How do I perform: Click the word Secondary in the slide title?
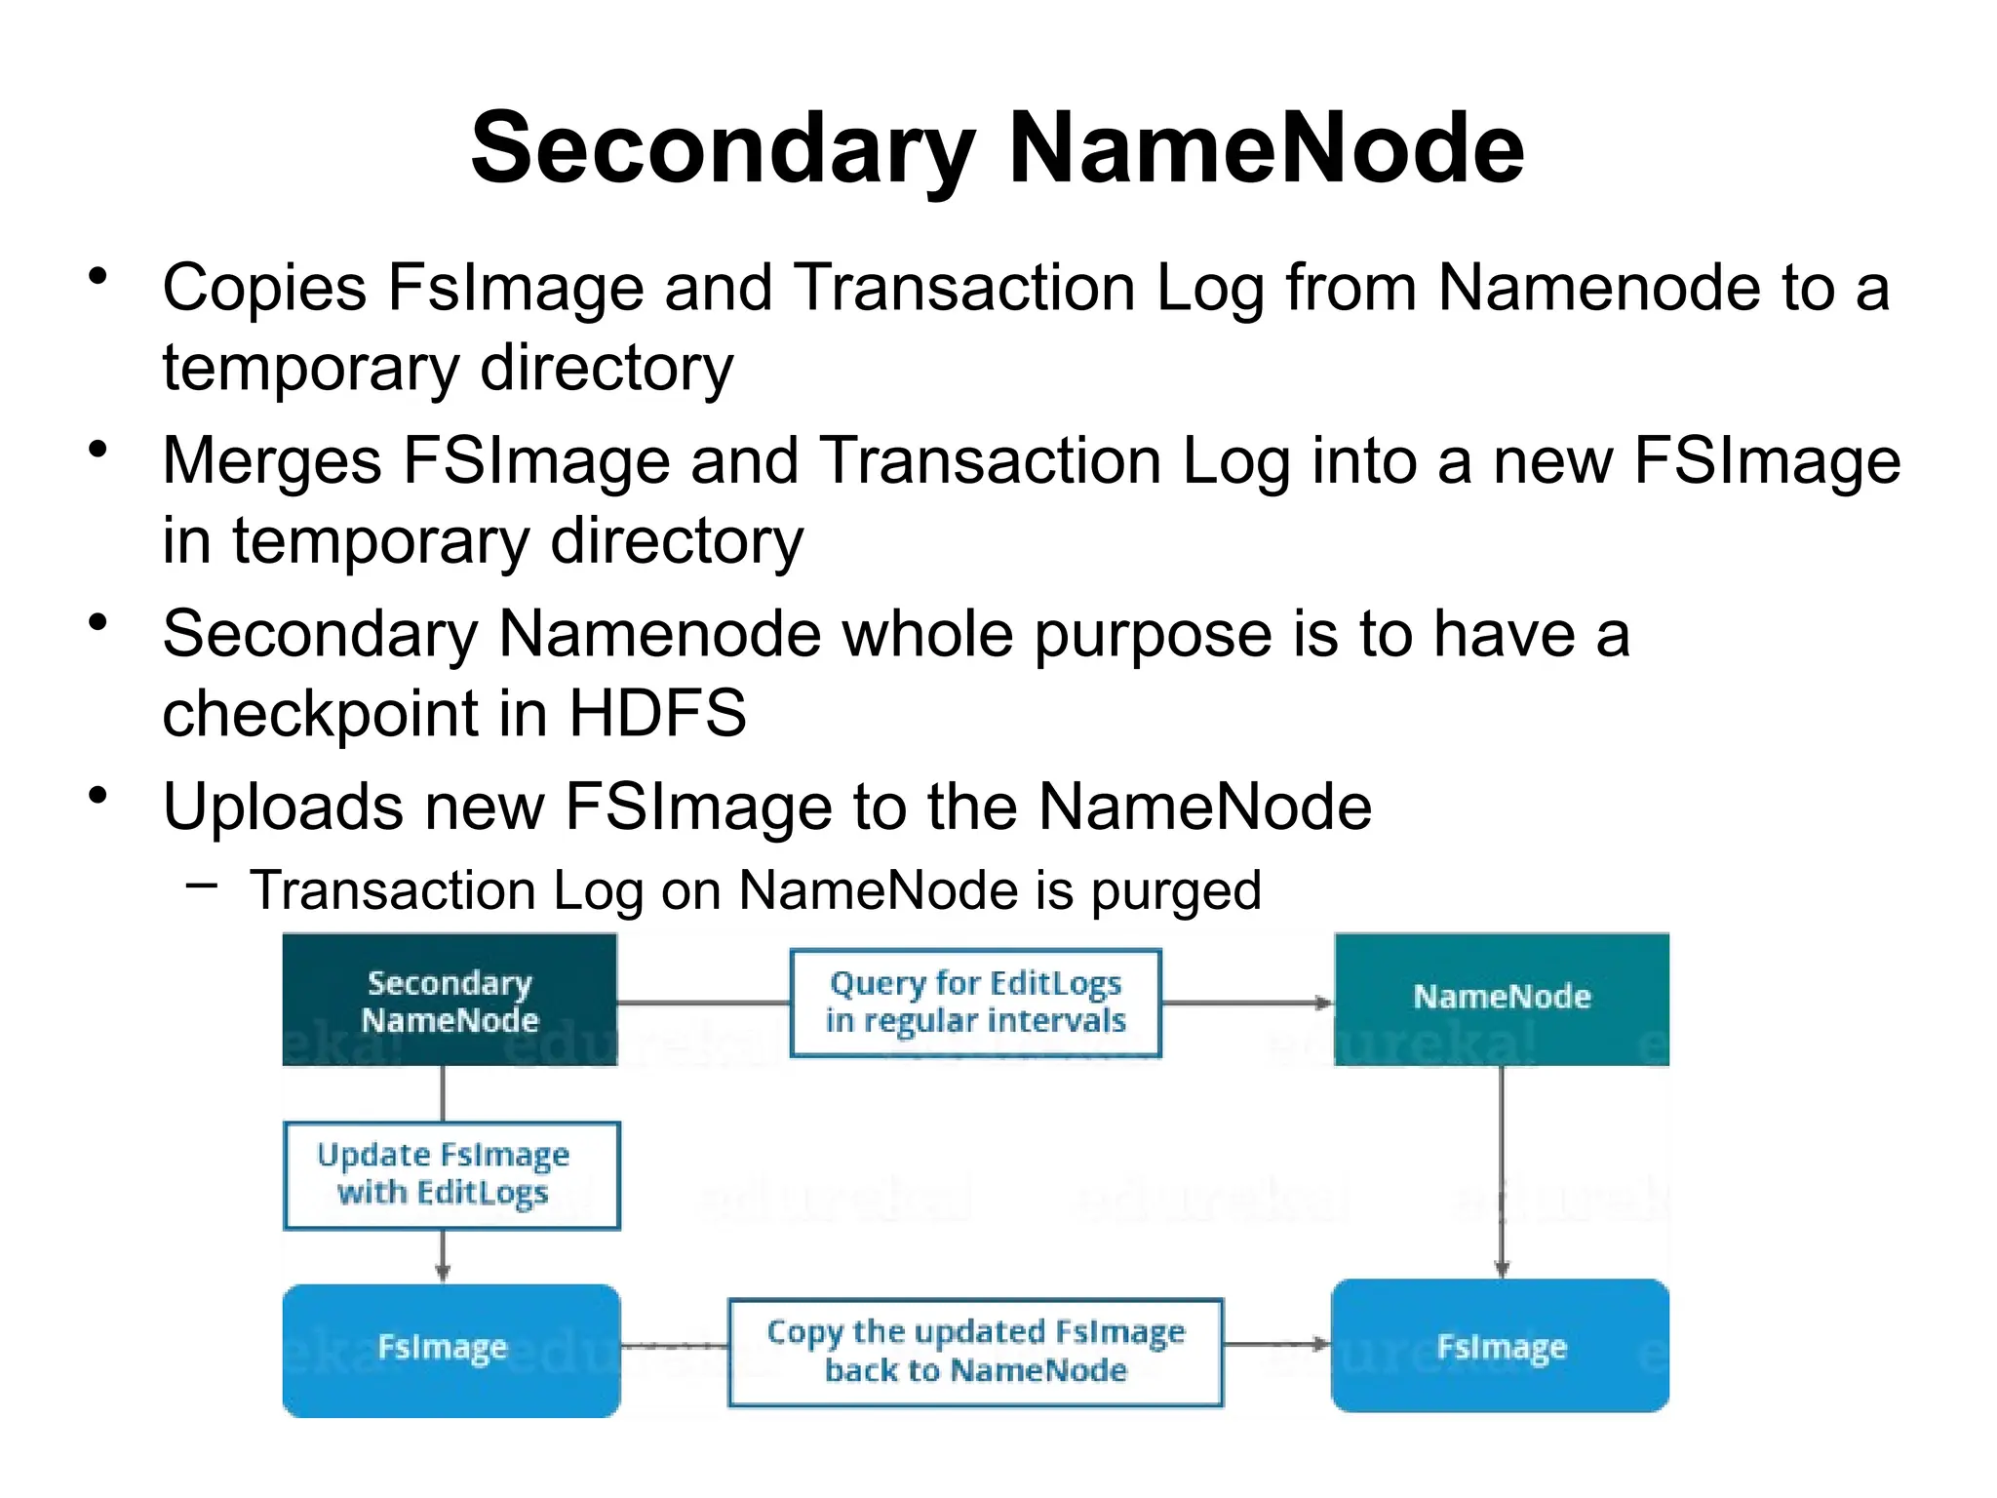723,148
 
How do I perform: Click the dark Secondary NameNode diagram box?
450,1001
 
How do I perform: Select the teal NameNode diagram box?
1502,998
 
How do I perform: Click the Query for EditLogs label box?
975,1003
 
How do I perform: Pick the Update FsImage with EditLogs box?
450,1174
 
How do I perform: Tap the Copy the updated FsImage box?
975,1351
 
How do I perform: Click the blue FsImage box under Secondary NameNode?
450,1349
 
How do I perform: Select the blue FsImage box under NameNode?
1501,1347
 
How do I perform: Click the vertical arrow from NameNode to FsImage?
1502,1170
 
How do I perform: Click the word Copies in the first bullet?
264,289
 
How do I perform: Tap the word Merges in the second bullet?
272,461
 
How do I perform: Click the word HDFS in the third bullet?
657,713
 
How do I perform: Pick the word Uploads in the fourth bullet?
283,808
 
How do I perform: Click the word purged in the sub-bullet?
1176,891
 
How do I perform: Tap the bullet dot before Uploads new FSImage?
98,796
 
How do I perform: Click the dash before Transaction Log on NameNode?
201,886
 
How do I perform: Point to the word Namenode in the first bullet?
1599,289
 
